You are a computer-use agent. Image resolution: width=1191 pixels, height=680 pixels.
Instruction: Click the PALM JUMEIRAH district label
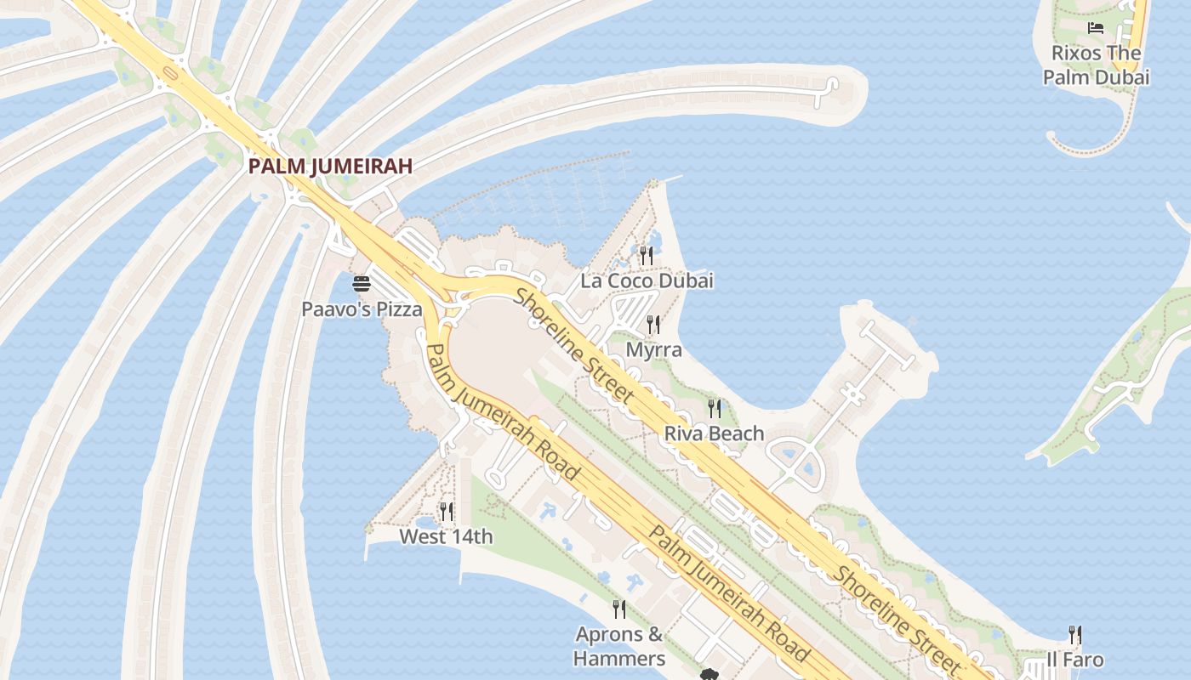[330, 166]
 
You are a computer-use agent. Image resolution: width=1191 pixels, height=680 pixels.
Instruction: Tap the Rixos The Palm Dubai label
[1096, 65]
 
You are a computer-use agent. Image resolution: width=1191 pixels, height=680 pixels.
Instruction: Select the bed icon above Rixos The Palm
[1096, 28]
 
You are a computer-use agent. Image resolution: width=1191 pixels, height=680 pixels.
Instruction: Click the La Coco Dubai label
[647, 280]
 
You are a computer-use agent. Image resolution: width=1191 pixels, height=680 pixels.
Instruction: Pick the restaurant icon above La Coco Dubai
[647, 254]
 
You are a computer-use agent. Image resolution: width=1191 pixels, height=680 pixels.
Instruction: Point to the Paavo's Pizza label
[362, 309]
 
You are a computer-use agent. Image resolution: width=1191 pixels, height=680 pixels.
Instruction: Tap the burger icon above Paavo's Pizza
[362, 284]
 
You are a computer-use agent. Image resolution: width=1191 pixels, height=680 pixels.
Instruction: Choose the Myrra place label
[653, 349]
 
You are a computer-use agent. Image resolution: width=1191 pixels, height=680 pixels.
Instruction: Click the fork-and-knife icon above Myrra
[653, 324]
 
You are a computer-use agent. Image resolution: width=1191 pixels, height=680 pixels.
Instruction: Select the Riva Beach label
[714, 433]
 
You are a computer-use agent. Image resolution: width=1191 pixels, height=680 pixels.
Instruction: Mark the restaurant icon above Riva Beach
[715, 409]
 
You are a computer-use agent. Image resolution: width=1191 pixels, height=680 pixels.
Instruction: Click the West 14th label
[446, 536]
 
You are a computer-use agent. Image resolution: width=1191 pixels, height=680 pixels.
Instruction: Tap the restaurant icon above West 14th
[446, 511]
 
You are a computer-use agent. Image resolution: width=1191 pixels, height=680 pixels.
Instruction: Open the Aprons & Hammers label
[619, 646]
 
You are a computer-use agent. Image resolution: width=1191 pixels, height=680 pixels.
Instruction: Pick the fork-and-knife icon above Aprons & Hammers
[619, 609]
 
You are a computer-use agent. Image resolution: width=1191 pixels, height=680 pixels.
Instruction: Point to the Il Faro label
[1075, 660]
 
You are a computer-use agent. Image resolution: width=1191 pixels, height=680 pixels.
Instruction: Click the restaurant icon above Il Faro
[1075, 634]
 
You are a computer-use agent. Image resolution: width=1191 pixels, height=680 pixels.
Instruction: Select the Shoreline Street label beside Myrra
[574, 345]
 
